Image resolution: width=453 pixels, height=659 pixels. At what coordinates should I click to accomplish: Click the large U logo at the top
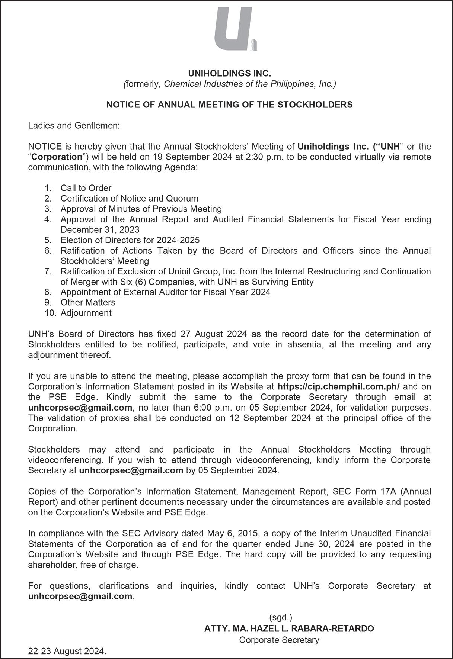[x=234, y=29]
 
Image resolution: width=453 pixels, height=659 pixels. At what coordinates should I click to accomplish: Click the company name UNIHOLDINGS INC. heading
[x=229, y=73]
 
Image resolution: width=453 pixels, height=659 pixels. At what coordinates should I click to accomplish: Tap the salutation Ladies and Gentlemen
[x=74, y=126]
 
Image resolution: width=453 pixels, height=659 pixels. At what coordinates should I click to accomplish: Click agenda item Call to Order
[x=86, y=188]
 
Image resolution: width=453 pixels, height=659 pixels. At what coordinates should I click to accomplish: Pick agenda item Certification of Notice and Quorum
[x=129, y=199]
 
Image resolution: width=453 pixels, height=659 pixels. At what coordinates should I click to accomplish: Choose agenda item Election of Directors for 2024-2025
[x=130, y=240]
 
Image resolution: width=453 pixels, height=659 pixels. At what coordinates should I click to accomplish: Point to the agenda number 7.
[x=48, y=271]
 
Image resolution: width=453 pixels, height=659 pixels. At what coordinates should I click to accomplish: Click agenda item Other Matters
[x=88, y=303]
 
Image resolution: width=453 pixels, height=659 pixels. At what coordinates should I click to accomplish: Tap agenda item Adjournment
[x=86, y=313]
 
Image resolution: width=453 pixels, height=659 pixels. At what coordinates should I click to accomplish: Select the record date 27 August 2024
[x=211, y=334]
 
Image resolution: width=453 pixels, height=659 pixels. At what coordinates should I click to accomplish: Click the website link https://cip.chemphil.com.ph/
[x=339, y=387]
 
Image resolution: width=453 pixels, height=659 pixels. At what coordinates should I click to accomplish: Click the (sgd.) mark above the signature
[x=280, y=618]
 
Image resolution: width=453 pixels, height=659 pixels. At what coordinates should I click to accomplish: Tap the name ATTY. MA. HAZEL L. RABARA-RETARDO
[x=289, y=629]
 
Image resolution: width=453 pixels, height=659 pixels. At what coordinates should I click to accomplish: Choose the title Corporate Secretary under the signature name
[x=279, y=640]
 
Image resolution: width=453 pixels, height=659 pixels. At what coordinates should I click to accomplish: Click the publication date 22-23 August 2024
[x=67, y=652]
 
